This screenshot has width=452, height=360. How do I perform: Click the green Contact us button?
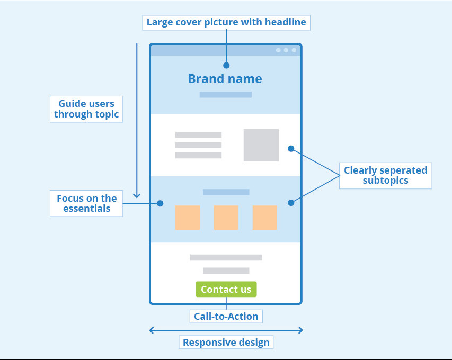[226, 290]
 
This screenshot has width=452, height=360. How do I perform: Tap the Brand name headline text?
[225, 79]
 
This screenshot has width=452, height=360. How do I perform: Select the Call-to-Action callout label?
[226, 317]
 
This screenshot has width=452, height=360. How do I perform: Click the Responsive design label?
[226, 343]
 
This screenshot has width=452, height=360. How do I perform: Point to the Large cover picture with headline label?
[226, 22]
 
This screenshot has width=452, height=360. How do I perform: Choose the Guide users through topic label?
[86, 109]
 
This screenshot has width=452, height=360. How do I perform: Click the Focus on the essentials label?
[86, 203]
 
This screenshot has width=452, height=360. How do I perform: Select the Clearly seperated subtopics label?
[385, 175]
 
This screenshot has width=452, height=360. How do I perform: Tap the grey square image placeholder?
[261, 145]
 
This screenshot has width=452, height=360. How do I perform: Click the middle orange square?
[226, 218]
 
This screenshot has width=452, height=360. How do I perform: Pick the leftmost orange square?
[188, 218]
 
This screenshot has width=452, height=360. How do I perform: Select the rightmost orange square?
[264, 218]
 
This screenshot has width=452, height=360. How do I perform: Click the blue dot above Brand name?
[226, 66]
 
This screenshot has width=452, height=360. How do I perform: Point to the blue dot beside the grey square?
[291, 149]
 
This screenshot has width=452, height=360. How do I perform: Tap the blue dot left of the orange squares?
[160, 203]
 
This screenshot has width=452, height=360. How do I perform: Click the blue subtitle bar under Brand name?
[225, 95]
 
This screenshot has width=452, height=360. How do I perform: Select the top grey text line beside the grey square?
[198, 135]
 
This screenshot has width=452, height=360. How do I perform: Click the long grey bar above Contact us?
[226, 258]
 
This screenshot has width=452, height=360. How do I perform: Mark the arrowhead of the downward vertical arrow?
[137, 195]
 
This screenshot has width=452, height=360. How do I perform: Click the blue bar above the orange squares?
[226, 192]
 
